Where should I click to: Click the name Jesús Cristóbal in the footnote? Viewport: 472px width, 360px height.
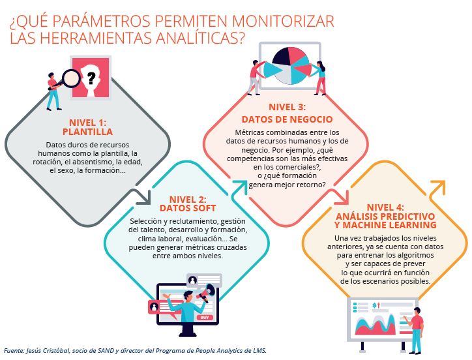coord(50,351)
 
